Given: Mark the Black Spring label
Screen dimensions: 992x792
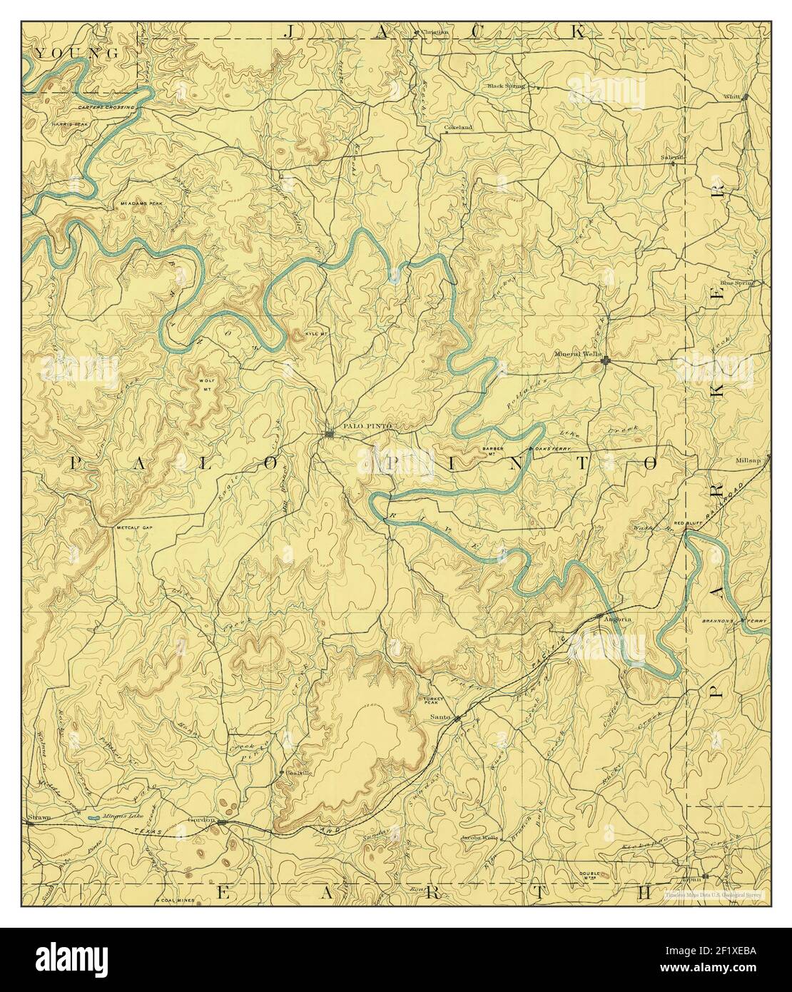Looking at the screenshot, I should (x=506, y=86).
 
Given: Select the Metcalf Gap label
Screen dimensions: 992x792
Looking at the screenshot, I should (x=136, y=528).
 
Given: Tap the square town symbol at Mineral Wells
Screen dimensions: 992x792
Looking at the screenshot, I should (x=605, y=362).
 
